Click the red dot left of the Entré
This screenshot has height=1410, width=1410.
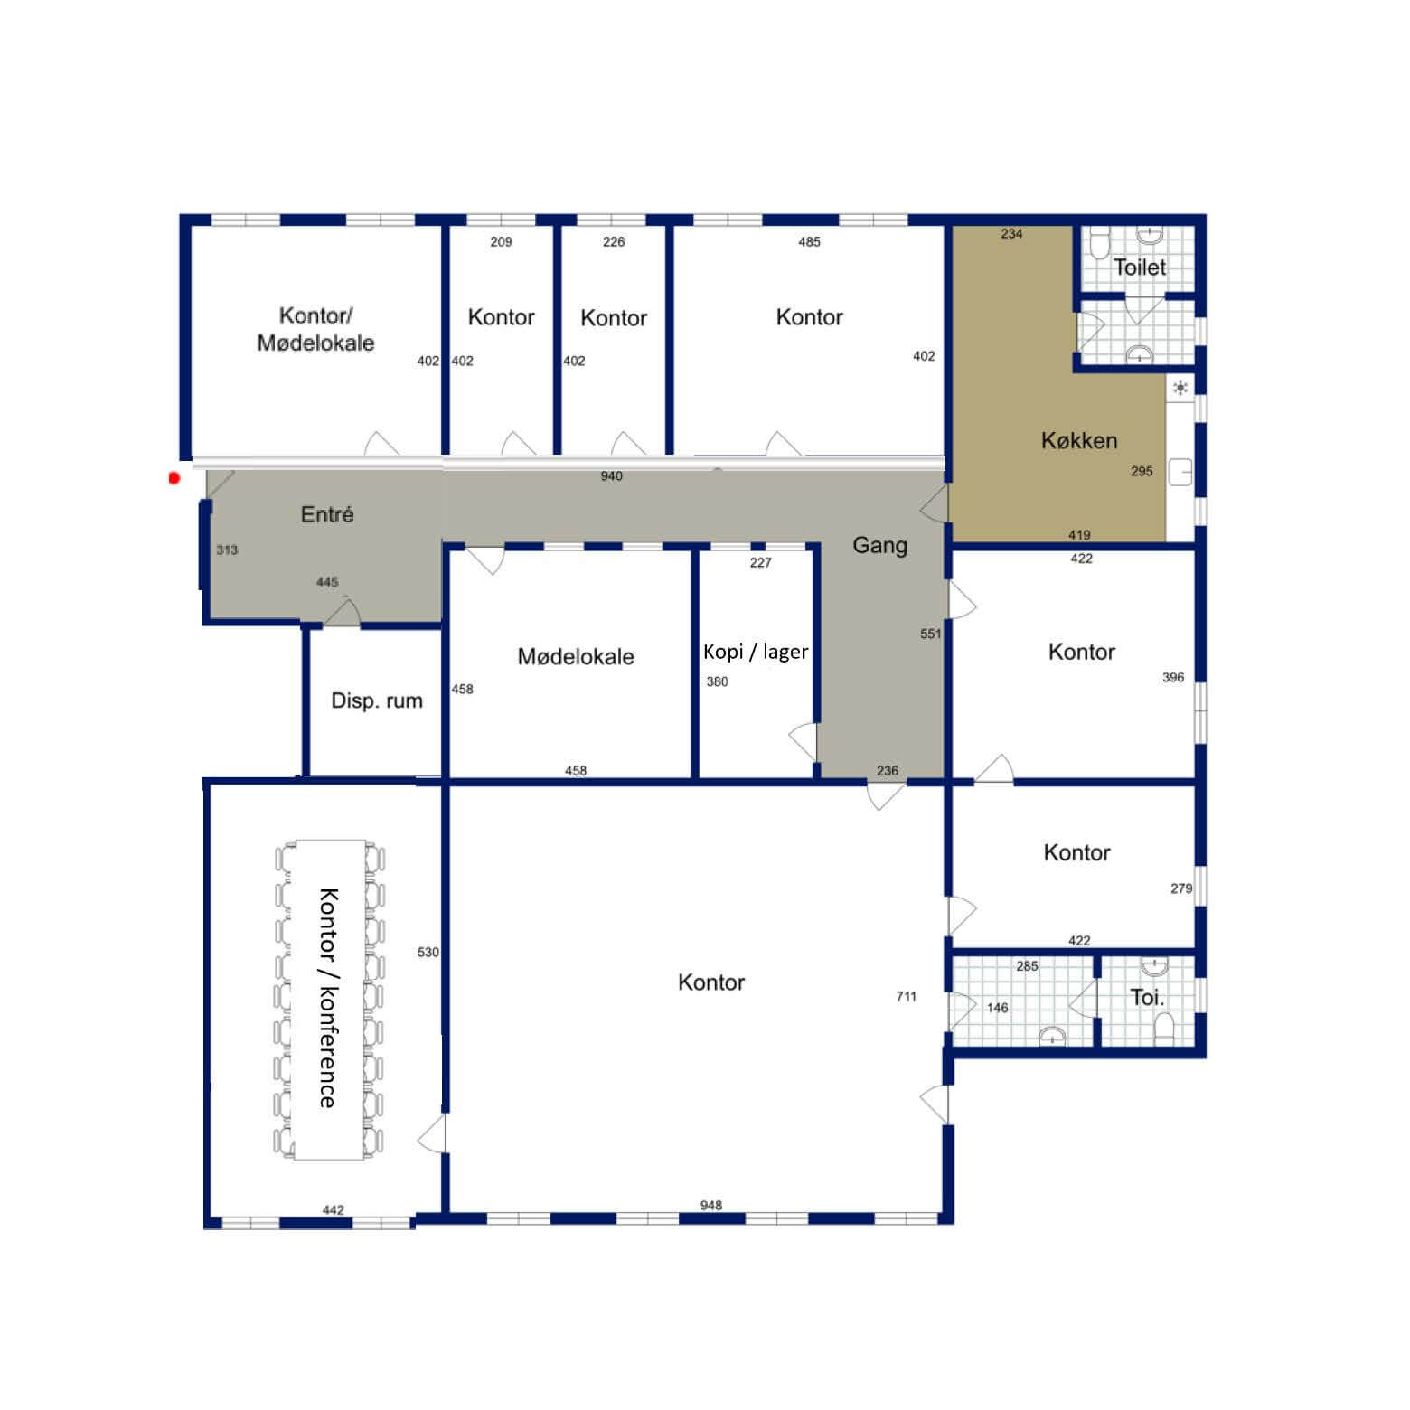pos(174,477)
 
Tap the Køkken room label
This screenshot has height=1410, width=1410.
pos(1079,440)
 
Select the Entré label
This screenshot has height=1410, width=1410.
pos(327,514)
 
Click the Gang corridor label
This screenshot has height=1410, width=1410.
pos(879,545)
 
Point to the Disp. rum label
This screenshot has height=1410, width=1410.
pos(377,700)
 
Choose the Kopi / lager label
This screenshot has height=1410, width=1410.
pos(756,652)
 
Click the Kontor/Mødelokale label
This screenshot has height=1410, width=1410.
pos(315,329)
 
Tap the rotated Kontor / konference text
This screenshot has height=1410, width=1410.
pos(327,998)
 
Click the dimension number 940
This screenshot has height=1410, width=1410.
pos(612,476)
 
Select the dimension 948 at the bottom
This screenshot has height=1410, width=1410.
pos(711,1205)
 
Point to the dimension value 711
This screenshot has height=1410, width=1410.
pos(906,996)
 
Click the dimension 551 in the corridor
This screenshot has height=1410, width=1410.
pos(930,634)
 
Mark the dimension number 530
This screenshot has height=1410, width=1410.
pos(428,952)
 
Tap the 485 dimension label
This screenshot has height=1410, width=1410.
pos(809,241)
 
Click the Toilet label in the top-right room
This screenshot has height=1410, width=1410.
pos(1140,267)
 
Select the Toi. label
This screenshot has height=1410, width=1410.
pos(1147,998)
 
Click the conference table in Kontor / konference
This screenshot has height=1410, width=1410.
pos(329,1000)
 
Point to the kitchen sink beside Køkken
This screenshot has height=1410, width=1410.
pos(1180,471)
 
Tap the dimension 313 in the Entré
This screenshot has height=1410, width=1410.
pos(227,550)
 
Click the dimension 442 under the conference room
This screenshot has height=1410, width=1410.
pos(333,1209)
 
